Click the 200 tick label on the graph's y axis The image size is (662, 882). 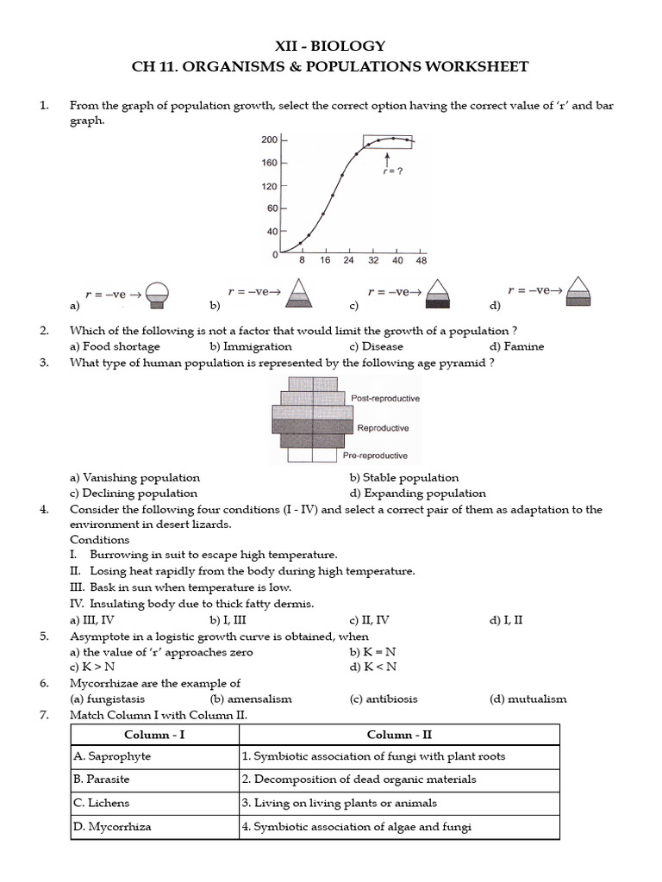269,140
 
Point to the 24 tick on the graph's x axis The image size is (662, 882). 348,260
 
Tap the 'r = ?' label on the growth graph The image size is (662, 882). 392,171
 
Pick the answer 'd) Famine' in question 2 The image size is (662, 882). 516,346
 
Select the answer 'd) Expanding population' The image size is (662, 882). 417,494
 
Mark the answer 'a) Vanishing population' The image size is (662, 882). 134,477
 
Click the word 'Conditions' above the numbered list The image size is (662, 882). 99,540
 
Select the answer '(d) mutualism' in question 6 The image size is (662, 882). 528,699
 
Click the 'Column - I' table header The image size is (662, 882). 154,735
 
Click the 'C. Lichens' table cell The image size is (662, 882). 103,803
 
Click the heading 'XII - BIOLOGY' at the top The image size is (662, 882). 330,47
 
